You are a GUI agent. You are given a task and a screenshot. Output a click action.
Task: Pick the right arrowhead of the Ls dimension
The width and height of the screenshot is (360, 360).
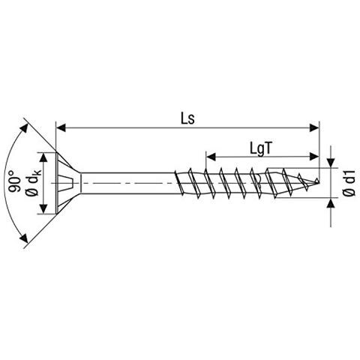[314, 129]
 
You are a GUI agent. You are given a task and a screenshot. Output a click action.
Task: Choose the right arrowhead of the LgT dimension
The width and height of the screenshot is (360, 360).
[314, 157]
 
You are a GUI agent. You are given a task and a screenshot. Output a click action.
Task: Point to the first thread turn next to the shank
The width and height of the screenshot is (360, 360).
[180, 182]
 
